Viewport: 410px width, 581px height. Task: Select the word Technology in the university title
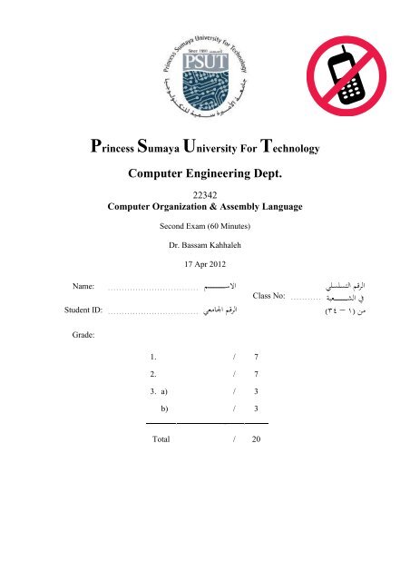pyautogui.click(x=288, y=147)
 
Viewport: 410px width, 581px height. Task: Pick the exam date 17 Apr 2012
pyautogui.click(x=205, y=265)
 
